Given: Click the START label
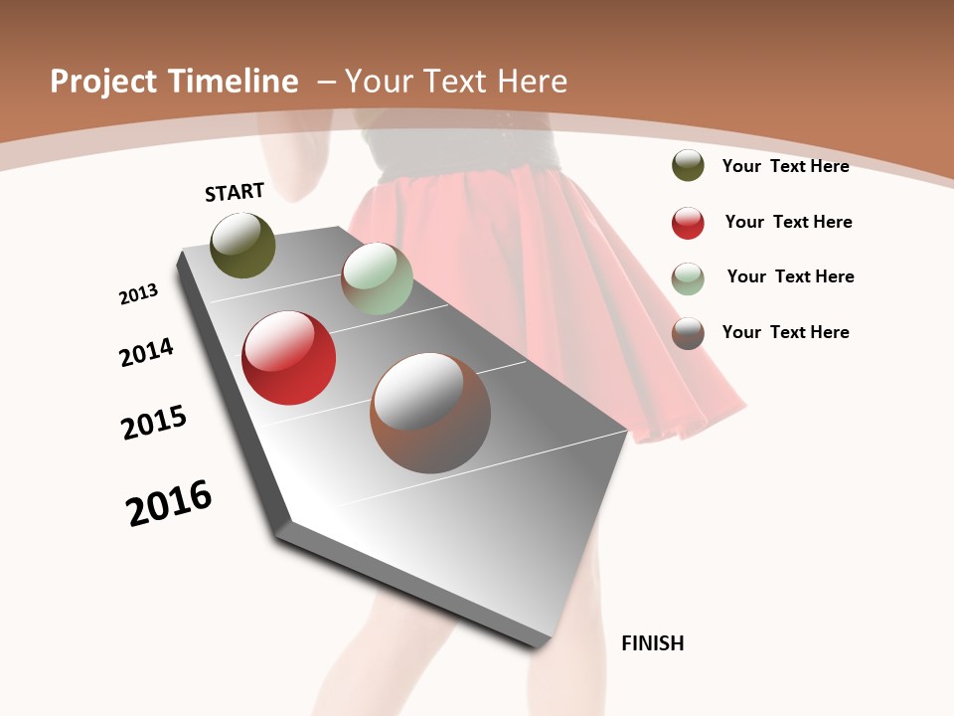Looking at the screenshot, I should (235, 192).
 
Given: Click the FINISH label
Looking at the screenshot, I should (652, 643).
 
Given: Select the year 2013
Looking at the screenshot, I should (138, 294).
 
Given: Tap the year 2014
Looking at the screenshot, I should (146, 352).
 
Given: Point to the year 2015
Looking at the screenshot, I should (154, 423).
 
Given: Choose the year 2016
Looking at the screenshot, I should (169, 503).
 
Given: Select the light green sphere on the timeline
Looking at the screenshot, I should (377, 278).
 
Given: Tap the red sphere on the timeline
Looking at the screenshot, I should (288, 358).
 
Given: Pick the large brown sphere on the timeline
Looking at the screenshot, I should (430, 413).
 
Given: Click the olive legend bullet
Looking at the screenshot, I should (688, 165).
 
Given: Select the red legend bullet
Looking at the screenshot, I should (688, 222).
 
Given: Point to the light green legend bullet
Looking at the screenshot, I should (688, 277).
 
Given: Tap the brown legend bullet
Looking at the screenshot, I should (688, 333).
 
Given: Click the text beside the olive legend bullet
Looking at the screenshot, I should (785, 166).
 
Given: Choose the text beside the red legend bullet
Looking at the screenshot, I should (788, 222).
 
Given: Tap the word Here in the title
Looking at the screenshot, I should (531, 82).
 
